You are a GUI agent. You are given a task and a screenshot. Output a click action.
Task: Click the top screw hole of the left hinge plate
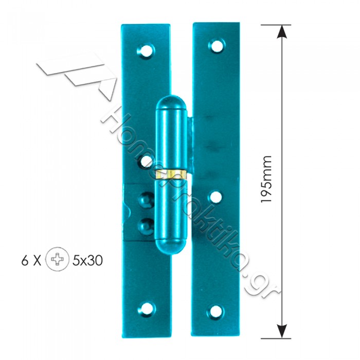146,50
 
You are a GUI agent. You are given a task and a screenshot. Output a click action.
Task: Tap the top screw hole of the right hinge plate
217,46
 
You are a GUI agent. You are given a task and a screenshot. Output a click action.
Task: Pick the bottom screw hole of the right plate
216,312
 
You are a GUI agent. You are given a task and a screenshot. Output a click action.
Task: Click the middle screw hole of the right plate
216,197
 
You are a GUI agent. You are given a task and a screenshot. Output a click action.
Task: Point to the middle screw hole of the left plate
146,161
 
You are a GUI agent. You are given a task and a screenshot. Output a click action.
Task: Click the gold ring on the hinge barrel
171,174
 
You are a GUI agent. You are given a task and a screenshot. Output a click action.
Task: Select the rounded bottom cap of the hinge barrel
171,246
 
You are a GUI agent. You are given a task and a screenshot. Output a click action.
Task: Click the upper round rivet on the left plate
146,200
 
